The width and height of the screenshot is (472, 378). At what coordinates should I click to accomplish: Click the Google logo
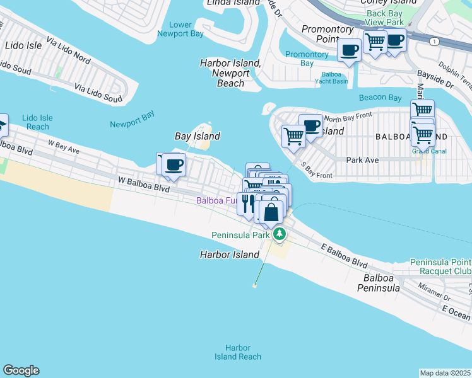tap(21, 370)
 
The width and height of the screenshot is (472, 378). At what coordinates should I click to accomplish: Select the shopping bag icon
tap(271, 212)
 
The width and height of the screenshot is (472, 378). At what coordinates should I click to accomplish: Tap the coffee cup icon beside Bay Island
tap(173, 165)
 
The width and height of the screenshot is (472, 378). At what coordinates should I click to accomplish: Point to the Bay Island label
tap(197, 136)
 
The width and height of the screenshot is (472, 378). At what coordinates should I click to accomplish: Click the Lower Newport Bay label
tap(181, 30)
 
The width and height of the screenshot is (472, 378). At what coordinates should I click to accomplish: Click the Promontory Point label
tap(327, 34)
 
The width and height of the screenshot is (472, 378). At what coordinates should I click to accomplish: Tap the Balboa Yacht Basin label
tap(331, 77)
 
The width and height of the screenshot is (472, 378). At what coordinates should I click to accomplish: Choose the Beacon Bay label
tap(380, 98)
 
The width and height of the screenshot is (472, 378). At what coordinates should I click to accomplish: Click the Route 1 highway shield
tap(434, 41)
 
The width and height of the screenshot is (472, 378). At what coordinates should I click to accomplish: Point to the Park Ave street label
tap(362, 160)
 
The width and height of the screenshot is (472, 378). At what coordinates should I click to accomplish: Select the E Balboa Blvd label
tap(343, 255)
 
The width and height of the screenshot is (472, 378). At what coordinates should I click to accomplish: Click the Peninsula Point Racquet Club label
tap(440, 266)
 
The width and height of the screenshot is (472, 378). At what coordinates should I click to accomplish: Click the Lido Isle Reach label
tap(37, 122)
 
